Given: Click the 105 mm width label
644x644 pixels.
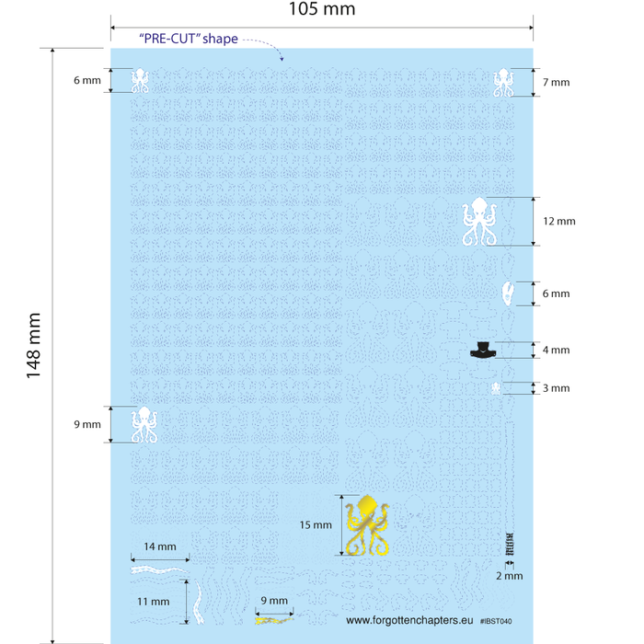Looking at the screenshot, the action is click(322, 8).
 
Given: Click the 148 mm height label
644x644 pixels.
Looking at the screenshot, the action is click(34, 345).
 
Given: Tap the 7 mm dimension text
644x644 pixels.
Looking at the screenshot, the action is click(556, 82).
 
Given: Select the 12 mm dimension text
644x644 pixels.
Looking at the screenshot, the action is click(559, 221).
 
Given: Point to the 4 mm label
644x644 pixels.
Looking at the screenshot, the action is click(556, 350).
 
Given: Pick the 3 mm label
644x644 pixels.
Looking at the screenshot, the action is click(556, 388).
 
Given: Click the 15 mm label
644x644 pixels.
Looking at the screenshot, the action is click(316, 525).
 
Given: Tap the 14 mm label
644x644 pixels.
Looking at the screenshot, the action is click(160, 546).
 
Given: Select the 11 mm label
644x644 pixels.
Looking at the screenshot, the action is click(154, 602).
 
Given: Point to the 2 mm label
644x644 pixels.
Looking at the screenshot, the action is click(510, 576).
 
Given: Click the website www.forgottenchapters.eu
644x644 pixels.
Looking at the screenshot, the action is click(409, 620).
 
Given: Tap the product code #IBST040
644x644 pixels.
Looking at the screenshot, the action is click(496, 621).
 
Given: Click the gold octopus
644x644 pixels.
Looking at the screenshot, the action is click(367, 525).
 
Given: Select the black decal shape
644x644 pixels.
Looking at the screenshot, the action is click(483, 350).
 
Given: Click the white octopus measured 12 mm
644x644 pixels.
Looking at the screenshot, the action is click(479, 222).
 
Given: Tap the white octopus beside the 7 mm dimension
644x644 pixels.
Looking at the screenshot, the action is click(503, 82).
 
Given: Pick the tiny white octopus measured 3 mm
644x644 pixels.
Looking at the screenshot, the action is click(496, 388).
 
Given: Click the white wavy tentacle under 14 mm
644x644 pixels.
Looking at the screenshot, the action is click(160, 570).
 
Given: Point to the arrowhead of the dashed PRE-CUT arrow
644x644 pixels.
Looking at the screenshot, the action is click(282, 59).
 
